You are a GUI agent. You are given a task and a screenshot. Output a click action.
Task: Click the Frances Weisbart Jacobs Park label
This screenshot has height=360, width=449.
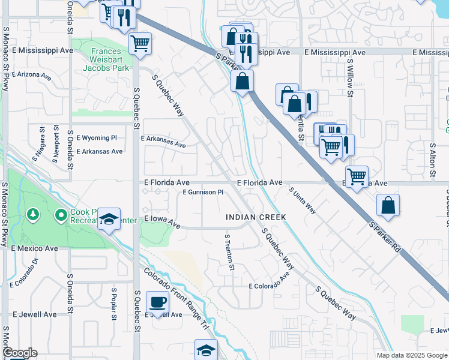click(100, 60)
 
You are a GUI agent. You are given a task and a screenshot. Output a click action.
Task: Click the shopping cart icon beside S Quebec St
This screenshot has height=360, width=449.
click(140, 43)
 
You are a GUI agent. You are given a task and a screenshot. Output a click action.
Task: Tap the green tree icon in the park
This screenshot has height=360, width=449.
click(33, 214)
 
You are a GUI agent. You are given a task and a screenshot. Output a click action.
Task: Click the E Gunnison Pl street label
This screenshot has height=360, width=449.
click(203, 193)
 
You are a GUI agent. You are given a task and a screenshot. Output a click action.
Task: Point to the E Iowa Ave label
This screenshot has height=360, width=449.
click(162, 222)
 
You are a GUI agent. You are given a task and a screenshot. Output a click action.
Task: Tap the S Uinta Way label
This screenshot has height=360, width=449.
click(302, 200)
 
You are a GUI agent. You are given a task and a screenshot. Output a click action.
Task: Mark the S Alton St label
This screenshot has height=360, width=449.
click(432, 159)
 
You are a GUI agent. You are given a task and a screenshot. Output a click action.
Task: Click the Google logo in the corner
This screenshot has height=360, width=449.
click(19, 353)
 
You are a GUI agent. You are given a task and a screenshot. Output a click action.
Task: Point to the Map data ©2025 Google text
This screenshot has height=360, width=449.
click(412, 355)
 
